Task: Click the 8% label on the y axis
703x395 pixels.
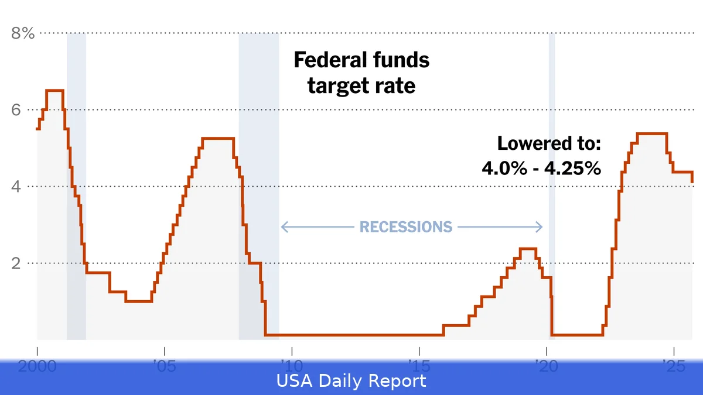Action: click(x=23, y=33)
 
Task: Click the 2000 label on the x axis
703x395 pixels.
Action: click(x=37, y=366)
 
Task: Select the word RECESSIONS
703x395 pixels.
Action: click(x=405, y=227)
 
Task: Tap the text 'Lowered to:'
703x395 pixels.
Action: click(x=549, y=143)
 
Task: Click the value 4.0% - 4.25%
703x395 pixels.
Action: click(x=541, y=169)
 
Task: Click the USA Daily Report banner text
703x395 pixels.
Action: click(x=351, y=382)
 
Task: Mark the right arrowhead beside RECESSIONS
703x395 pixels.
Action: click(x=540, y=227)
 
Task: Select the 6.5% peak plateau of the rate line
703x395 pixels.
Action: click(x=54, y=90)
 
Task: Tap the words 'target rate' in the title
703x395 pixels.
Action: click(x=361, y=86)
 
